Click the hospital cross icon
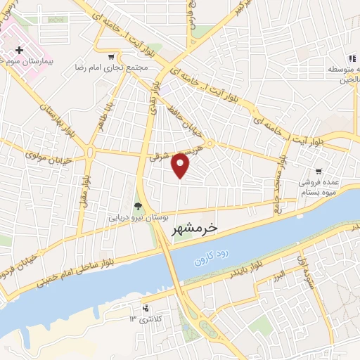[20, 50]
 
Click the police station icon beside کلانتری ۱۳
[146, 308]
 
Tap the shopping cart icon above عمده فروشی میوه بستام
[319, 170]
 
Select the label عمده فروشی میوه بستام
[320, 186]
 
